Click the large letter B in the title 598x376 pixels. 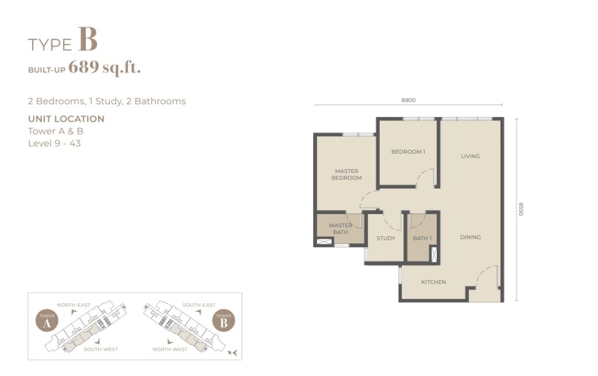click(88, 39)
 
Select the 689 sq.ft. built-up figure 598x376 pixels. click(105, 68)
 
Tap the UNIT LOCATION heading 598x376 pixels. click(67, 119)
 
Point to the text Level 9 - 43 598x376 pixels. click(54, 143)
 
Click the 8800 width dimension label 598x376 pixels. click(408, 100)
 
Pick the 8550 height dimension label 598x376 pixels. click(521, 209)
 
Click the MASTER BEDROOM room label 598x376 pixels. click(346, 174)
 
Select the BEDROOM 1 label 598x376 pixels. click(408, 151)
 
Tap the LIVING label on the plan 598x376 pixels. click(470, 156)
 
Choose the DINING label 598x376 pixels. click(470, 237)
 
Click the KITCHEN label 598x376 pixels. click(433, 282)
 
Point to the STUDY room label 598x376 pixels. click(385, 238)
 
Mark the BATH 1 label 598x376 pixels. click(422, 238)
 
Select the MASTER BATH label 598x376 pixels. click(340, 229)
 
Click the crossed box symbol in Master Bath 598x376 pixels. click(322, 242)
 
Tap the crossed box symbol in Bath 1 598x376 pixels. click(434, 254)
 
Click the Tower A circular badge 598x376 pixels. click(47, 320)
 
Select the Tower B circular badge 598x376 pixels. click(224, 320)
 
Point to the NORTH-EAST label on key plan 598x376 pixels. click(74, 305)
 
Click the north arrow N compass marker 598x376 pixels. click(232, 353)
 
